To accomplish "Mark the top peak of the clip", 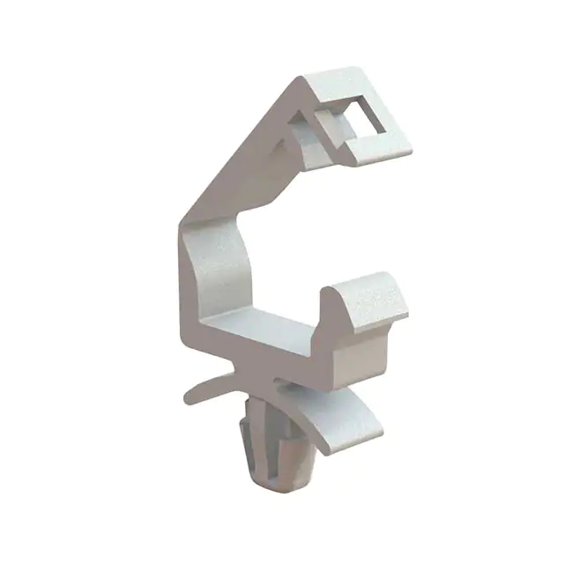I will pyautogui.click(x=304, y=78).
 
